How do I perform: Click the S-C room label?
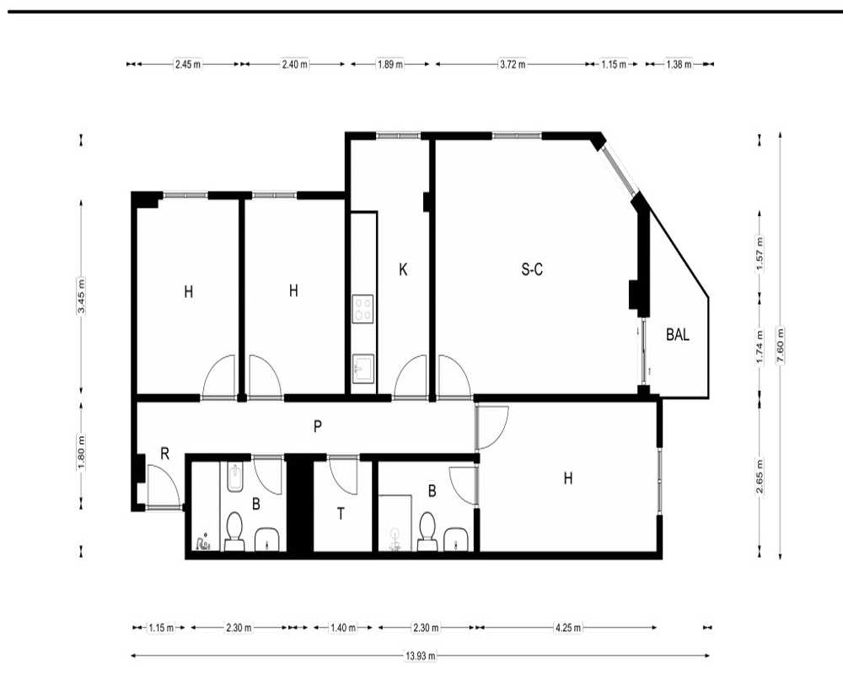coord(532,269)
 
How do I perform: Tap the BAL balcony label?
coord(678,335)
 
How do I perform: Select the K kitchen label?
coord(403,270)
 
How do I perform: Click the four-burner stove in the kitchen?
coord(362,309)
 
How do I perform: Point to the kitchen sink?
coord(362,369)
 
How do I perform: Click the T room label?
coord(341,515)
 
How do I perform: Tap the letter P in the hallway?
coord(318,427)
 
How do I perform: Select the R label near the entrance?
coord(165,454)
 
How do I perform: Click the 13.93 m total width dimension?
coord(420,656)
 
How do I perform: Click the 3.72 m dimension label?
coord(513,65)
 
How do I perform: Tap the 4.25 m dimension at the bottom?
coord(567,628)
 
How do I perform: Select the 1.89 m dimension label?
coord(390,65)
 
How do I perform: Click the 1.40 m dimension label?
coord(343,628)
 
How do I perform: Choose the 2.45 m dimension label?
coord(188,65)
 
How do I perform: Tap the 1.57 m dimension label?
coord(760,255)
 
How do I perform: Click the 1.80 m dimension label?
coord(81,452)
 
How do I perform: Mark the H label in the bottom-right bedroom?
coord(568,478)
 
